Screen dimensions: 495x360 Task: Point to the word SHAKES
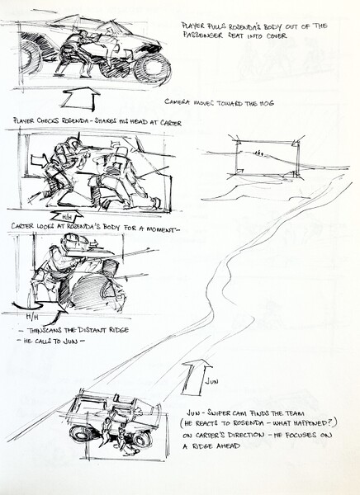pyautogui.click(x=113, y=122)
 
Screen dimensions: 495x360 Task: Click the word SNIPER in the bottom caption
pyautogui.click(x=227, y=411)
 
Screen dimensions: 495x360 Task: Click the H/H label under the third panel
pyautogui.click(x=31, y=317)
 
